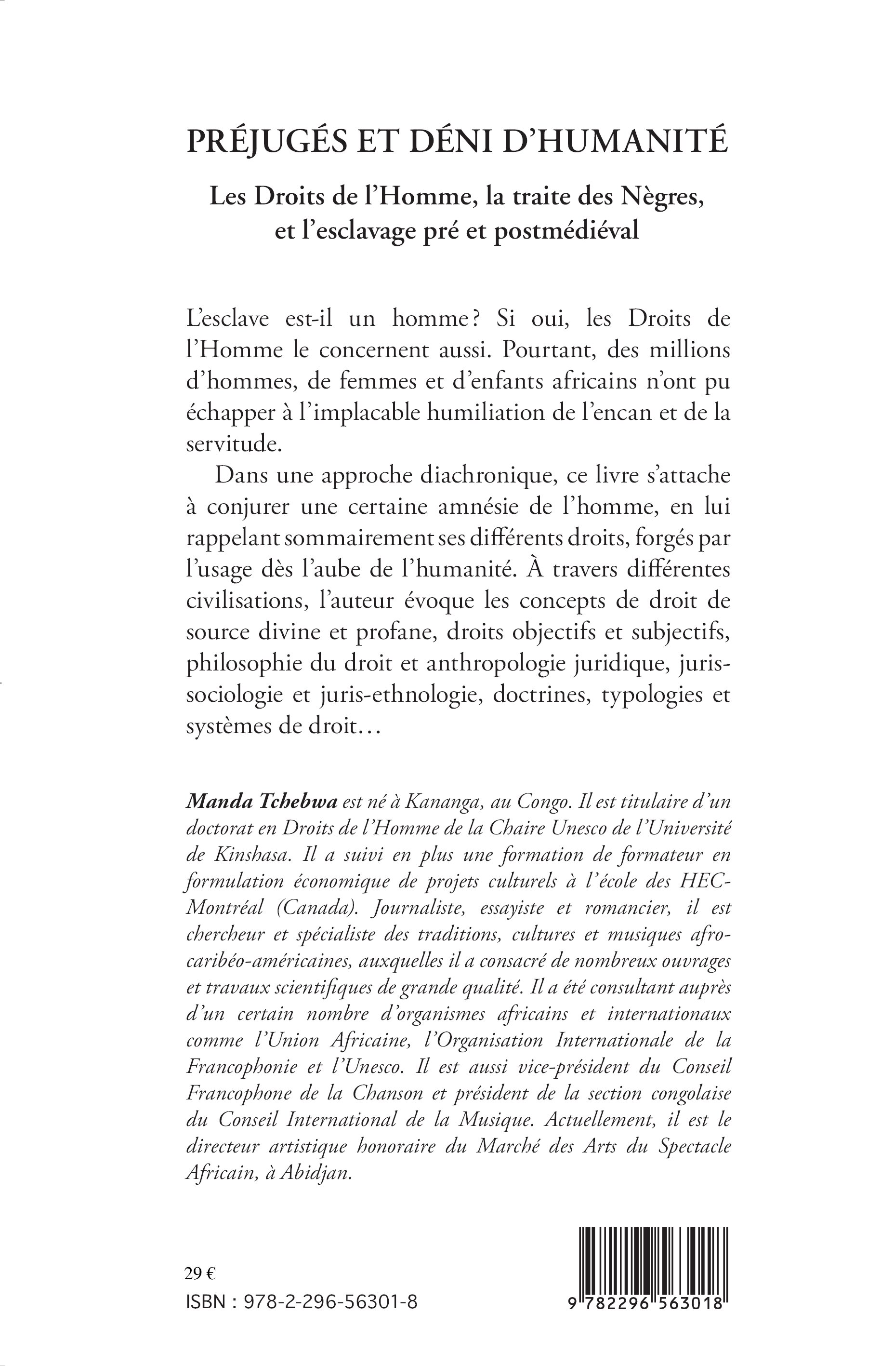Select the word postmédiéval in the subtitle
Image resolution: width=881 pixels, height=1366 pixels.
click(566, 231)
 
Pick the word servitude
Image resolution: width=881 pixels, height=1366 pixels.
click(234, 445)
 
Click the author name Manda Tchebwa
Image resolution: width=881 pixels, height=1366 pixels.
click(262, 802)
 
